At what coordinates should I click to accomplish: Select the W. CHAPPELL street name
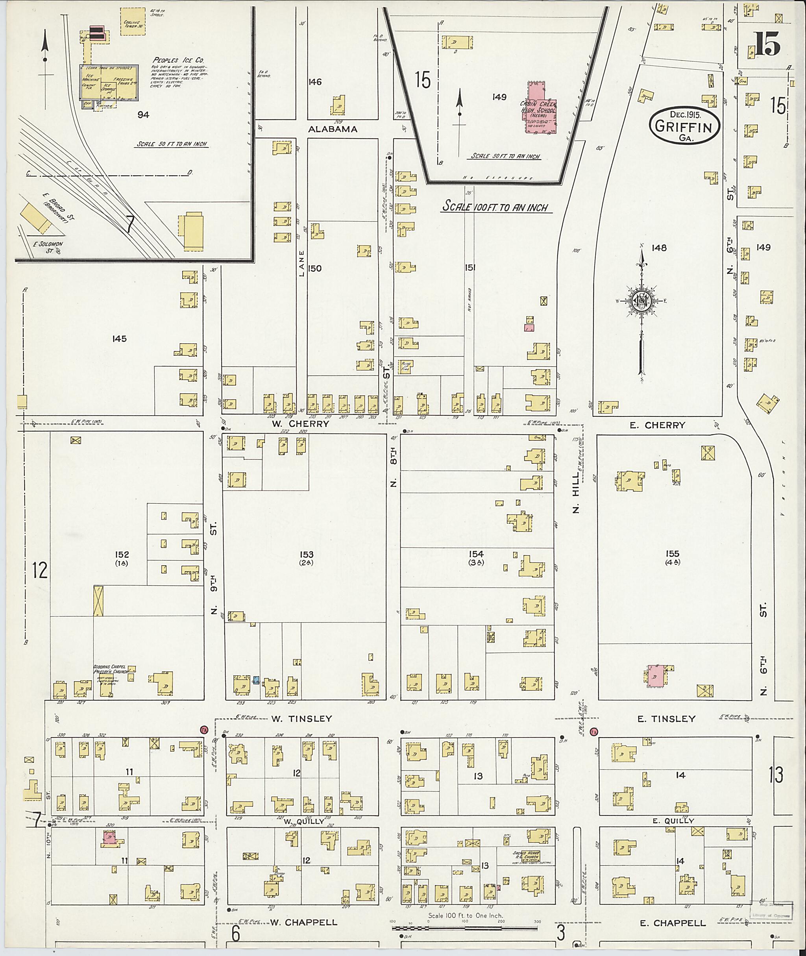(303, 922)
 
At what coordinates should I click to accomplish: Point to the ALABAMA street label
(333, 129)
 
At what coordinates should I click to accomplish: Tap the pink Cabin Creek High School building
(541, 107)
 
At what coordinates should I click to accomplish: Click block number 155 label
(673, 554)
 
